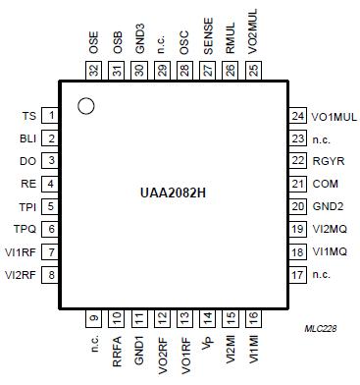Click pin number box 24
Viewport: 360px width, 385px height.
click(297, 117)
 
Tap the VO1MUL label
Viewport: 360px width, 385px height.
click(332, 117)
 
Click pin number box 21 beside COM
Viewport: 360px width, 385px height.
click(297, 184)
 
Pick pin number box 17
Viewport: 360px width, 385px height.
click(297, 274)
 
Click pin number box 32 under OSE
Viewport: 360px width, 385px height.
click(94, 70)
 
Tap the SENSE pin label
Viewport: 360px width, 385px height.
click(207, 40)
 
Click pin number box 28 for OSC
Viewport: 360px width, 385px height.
click(184, 70)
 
